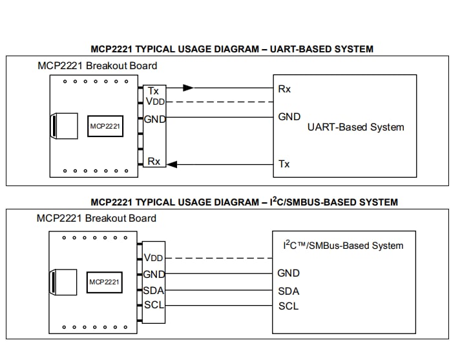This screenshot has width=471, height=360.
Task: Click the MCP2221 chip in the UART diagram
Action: pyautogui.click(x=105, y=126)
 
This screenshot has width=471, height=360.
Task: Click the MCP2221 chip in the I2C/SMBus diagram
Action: pyautogui.click(x=105, y=282)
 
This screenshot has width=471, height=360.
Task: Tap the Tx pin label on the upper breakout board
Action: pyautogui.click(x=153, y=91)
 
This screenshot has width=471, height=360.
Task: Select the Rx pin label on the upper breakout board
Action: pyautogui.click(x=154, y=161)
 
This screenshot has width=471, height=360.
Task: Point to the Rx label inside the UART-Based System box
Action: pyautogui.click(x=284, y=89)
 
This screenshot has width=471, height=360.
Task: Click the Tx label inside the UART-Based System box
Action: pyautogui.click(x=284, y=164)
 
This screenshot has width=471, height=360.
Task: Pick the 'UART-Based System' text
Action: pyautogui.click(x=355, y=127)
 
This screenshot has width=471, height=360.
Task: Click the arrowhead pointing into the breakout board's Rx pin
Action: pyautogui.click(x=172, y=165)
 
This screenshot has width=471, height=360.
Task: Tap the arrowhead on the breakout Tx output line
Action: pyautogui.click(x=187, y=88)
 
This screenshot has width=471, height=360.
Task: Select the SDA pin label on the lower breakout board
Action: pyautogui.click(x=154, y=291)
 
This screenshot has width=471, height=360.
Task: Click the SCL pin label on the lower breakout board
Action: pyautogui.click(x=154, y=304)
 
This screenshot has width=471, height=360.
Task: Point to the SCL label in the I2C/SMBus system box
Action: pyautogui.click(x=288, y=306)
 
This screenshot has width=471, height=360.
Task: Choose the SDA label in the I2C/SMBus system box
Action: pyautogui.click(x=288, y=291)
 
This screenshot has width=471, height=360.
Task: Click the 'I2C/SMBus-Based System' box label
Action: pyautogui.click(x=343, y=246)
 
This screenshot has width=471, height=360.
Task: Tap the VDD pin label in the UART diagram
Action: pyautogui.click(x=154, y=101)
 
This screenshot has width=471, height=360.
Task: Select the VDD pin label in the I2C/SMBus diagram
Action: pyautogui.click(x=154, y=258)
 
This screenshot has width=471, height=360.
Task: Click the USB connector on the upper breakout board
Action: pyautogui.click(x=62, y=125)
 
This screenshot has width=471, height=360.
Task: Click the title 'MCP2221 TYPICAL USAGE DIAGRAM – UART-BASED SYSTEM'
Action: pyautogui.click(x=231, y=49)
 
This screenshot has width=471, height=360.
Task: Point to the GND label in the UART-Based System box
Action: pyautogui.click(x=289, y=117)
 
